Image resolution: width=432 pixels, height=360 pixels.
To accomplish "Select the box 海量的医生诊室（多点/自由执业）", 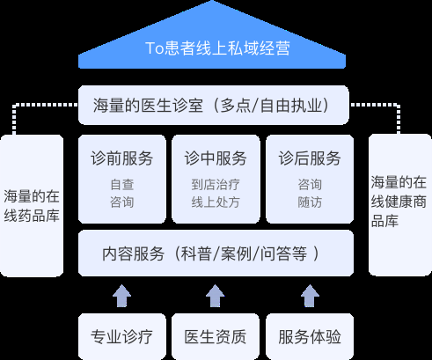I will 216,106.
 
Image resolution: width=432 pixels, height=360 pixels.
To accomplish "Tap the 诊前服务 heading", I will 121,159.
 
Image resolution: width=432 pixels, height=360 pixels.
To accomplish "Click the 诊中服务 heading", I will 215,159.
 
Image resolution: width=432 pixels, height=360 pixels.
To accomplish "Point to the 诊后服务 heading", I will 309,159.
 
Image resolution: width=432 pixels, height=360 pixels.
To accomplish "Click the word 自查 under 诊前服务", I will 121,185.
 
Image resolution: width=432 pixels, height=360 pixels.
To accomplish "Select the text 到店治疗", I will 215,185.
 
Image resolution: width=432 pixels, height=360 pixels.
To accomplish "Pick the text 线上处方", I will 215,202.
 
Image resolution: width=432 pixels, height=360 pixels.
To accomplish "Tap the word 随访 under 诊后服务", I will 309,202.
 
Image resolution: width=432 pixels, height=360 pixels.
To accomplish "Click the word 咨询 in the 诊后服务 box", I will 309,185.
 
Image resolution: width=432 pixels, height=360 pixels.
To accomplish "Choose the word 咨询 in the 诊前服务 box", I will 121,202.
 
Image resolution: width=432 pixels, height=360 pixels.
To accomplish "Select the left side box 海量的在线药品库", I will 32,204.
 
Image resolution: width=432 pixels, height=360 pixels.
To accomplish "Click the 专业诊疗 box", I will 121,336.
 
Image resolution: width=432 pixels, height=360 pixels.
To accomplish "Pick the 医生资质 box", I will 215,336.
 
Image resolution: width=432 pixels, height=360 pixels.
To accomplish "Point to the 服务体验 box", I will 309,336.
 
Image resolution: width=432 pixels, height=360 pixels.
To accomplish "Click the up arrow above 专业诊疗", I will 121,294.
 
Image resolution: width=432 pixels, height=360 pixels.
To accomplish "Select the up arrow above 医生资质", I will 215,294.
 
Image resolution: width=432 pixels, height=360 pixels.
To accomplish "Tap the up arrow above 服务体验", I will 309,294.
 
